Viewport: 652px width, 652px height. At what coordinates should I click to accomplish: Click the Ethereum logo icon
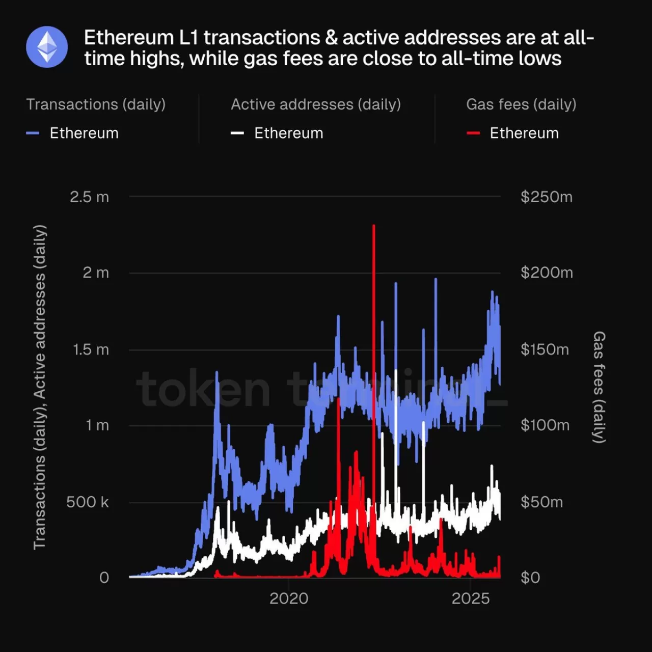point(47,47)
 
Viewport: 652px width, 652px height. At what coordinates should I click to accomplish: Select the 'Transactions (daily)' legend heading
point(96,104)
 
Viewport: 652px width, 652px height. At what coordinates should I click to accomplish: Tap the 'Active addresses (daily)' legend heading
point(316,104)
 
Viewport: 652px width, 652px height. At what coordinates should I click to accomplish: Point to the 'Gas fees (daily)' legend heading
point(521,104)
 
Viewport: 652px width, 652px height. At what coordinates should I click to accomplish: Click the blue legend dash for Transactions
point(33,133)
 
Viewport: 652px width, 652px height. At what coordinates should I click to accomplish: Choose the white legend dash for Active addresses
point(237,133)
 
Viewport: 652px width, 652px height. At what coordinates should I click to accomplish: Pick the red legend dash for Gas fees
point(473,133)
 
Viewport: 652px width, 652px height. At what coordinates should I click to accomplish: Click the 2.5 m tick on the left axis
point(89,197)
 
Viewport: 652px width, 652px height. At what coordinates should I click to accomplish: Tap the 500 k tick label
point(88,502)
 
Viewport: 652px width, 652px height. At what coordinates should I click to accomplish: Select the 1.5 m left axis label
point(91,350)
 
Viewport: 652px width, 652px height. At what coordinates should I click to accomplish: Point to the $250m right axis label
point(546,197)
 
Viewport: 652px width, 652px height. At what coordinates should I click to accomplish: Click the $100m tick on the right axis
point(545,425)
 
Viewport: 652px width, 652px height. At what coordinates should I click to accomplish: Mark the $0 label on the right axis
point(530,578)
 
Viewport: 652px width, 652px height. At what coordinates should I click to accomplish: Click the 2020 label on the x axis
point(289,599)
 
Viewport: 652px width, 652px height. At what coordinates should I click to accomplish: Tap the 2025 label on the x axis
point(471,599)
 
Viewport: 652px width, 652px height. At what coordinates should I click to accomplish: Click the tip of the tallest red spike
point(374,226)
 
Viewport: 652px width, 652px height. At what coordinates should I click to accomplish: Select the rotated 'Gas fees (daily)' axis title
point(600,387)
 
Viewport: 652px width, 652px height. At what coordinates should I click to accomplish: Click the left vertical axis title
point(40,387)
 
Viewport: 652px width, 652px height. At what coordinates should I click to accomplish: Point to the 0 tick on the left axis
point(104,578)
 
